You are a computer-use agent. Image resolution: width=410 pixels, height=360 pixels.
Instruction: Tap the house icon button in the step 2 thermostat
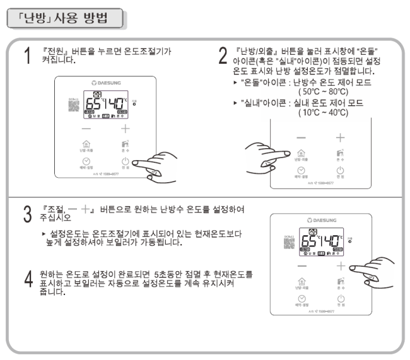(x=302, y=153)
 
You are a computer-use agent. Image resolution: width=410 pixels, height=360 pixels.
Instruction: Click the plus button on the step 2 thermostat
(x=341, y=137)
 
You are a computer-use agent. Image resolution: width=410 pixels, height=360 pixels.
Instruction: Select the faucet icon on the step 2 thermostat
(x=341, y=153)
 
